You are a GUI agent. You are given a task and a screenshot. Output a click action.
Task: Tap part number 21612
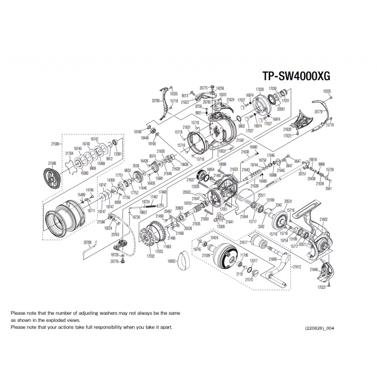coord(296,266)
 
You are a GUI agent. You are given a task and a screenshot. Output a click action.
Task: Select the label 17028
coord(259,89)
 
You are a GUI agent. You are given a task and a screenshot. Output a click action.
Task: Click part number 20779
coord(318,112)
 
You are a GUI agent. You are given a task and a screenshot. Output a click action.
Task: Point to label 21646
coord(315,270)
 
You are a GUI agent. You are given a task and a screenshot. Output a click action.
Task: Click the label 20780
coord(156,100)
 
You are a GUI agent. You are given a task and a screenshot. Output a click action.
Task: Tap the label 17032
coord(151,256)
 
